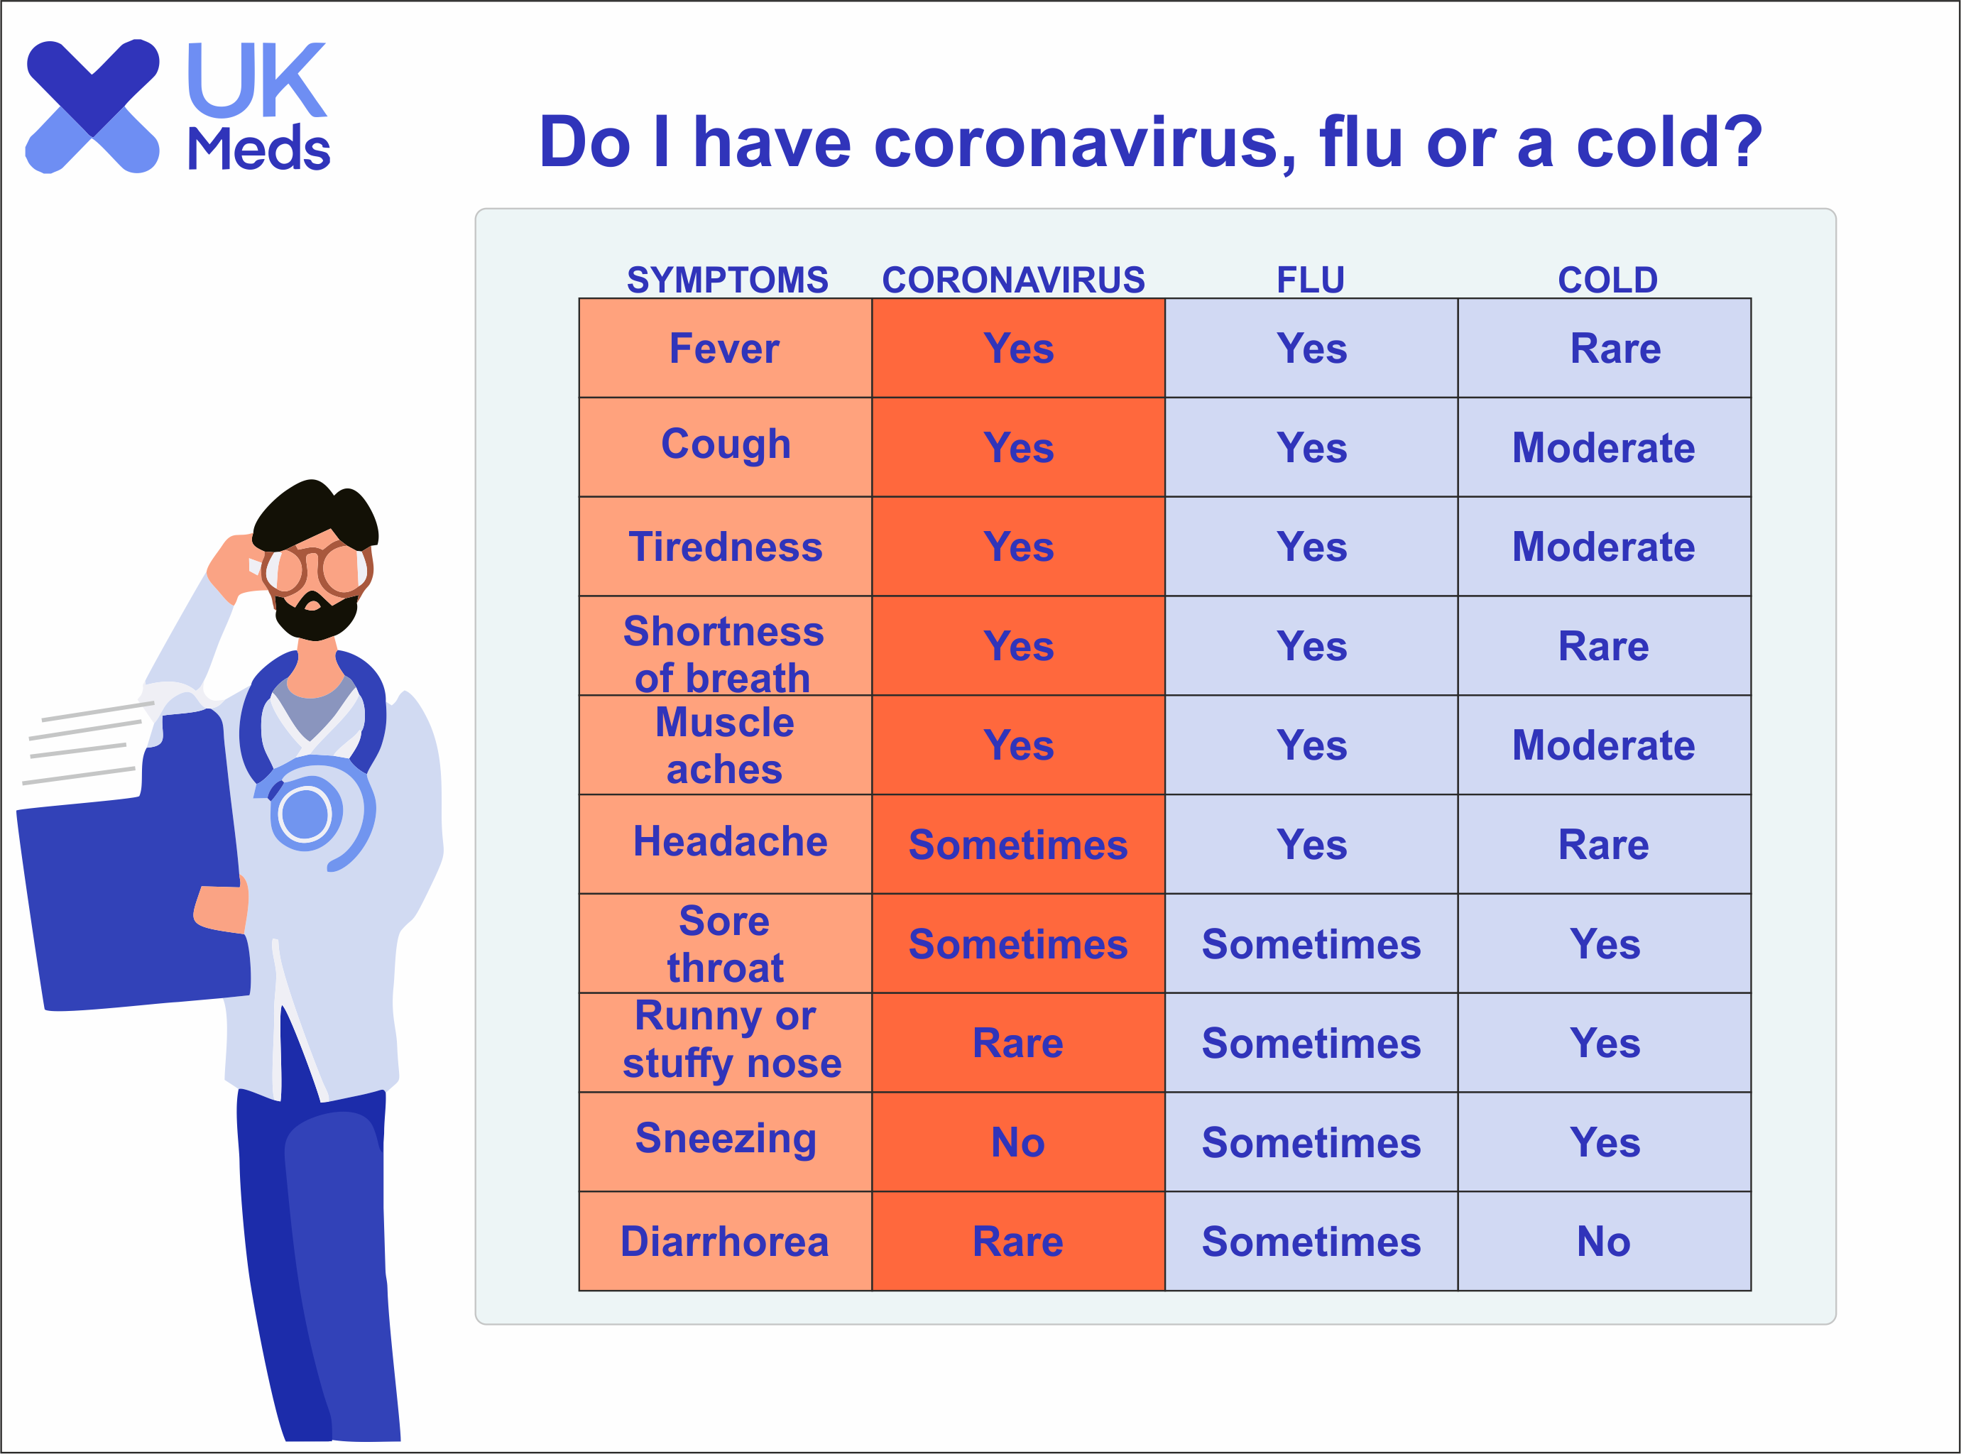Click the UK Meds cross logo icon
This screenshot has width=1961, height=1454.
click(92, 106)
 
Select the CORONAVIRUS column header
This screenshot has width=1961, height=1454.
click(1013, 280)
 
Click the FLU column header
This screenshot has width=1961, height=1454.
click(1311, 280)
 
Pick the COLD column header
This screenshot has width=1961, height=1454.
click(1607, 280)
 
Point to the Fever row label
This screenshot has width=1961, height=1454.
click(724, 348)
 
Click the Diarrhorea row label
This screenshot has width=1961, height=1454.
click(724, 1241)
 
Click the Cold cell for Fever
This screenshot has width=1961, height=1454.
click(1605, 348)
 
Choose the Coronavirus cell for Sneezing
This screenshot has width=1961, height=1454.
click(1018, 1142)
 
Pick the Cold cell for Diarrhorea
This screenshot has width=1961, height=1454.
click(1605, 1241)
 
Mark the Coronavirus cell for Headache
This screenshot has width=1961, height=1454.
click(1018, 844)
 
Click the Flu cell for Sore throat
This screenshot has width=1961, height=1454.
click(1311, 944)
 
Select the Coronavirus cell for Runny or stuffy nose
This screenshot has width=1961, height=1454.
click(1018, 1043)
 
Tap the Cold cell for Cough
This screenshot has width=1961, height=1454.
click(1605, 447)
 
